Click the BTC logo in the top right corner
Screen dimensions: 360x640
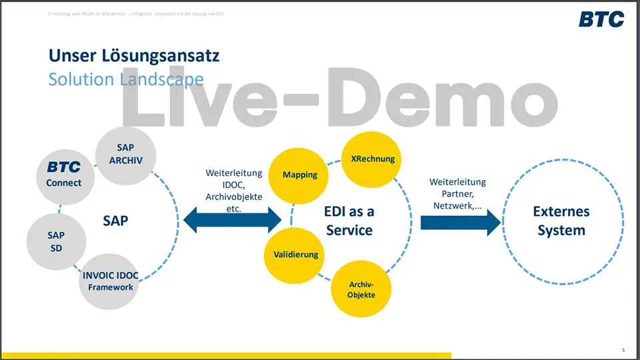point(601,19)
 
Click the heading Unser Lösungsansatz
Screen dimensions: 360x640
point(134,55)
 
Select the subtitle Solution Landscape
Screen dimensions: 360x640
point(126,79)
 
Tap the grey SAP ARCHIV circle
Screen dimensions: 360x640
point(125,153)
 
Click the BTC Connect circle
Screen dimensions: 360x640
point(64,174)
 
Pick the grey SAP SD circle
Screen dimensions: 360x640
point(56,241)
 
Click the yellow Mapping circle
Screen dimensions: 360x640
point(300,175)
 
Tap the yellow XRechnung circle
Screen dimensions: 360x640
point(372,159)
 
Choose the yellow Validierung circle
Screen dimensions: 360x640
point(295,254)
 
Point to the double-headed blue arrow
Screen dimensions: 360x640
point(233,219)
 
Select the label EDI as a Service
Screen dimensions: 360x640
point(349,220)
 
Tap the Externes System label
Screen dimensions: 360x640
point(561,221)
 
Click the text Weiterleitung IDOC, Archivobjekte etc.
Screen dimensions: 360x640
point(233,190)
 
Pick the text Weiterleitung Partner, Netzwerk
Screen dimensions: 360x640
point(457,193)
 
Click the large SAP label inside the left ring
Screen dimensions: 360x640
point(115,220)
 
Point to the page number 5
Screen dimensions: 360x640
point(623,350)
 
